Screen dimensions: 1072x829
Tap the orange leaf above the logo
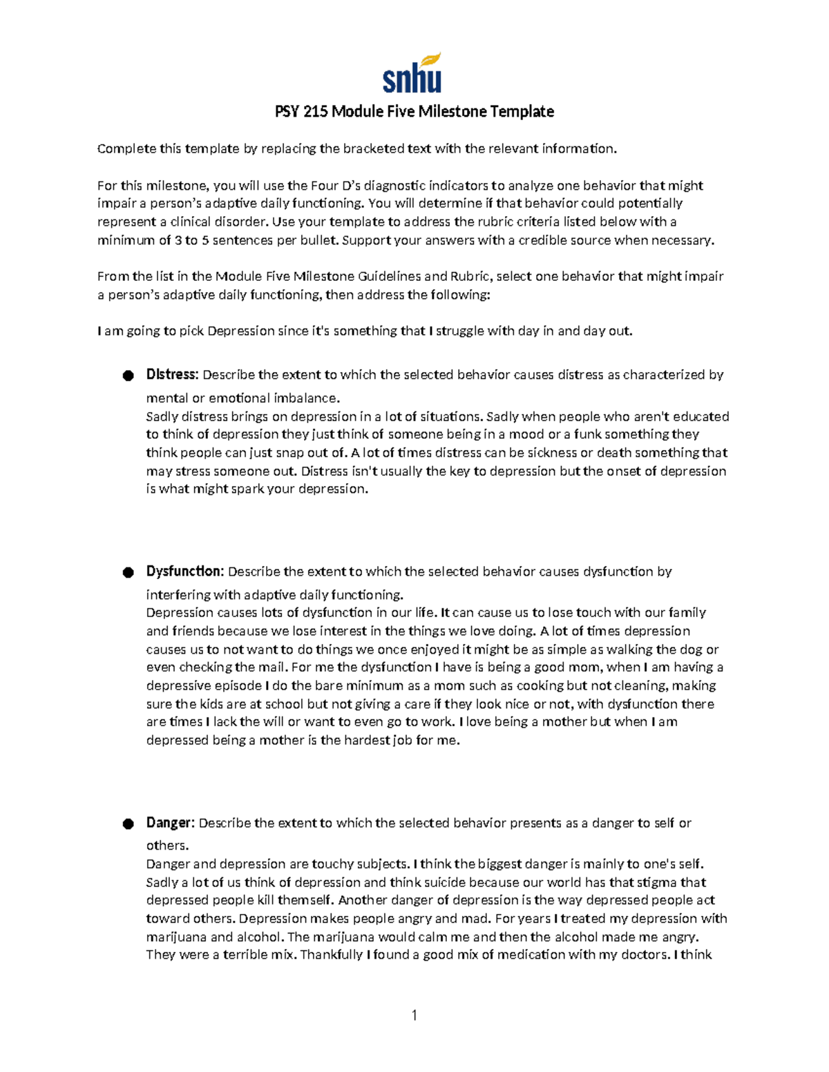click(432, 60)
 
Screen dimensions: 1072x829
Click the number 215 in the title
click(314, 112)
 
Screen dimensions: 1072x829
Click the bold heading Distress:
click(172, 375)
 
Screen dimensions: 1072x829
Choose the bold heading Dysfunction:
click(184, 572)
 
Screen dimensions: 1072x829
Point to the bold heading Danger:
click(170, 823)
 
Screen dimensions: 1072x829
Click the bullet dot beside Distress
click(128, 376)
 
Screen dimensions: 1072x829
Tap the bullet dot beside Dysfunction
click(128, 572)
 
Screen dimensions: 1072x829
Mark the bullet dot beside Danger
click(128, 824)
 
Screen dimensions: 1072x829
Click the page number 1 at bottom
click(414, 1015)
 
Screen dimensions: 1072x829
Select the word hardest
click(373, 741)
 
